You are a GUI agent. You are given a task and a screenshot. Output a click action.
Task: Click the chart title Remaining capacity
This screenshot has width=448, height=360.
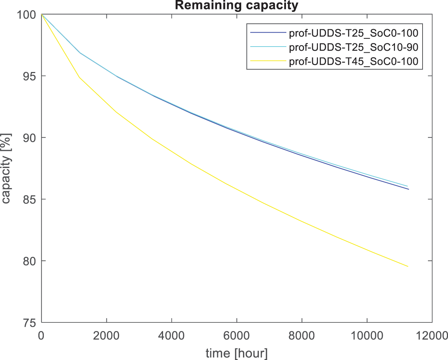[237, 5]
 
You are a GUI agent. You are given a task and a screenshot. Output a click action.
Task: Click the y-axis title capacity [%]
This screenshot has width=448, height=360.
[6, 168]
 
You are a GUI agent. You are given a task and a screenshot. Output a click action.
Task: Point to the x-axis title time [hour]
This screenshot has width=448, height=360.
[237, 353]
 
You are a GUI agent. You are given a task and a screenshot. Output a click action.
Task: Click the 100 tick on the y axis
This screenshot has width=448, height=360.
[27, 15]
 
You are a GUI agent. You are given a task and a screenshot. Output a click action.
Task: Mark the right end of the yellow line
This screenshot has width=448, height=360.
[408, 267]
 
